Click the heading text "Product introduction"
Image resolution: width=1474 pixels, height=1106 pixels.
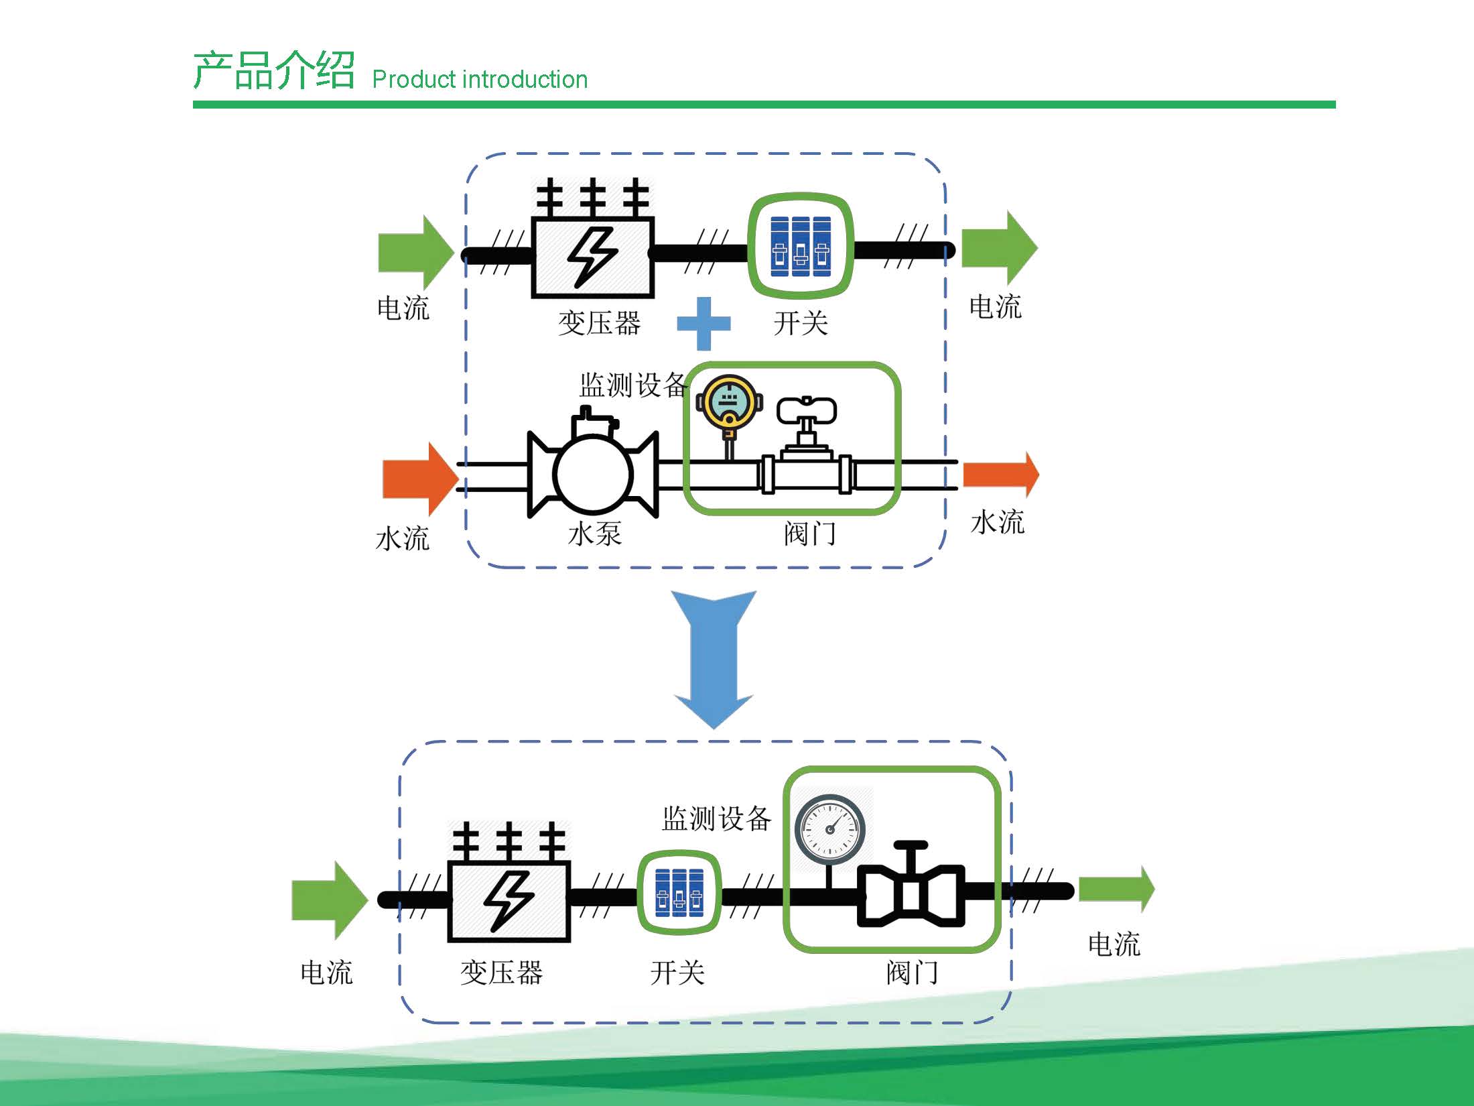coord(480,79)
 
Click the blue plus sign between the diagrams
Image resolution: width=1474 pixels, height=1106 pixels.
coord(703,324)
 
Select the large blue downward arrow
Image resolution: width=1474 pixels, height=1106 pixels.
coord(714,659)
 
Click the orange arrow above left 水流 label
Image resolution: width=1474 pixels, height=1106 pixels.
coord(420,479)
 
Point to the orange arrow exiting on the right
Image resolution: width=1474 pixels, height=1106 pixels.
coord(1001,474)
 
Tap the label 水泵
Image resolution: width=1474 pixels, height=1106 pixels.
coord(594,534)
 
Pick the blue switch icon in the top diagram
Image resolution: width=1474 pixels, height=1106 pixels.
coord(800,247)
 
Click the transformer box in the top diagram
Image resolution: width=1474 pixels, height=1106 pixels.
coord(593,238)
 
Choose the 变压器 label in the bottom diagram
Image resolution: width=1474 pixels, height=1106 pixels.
coord(501,973)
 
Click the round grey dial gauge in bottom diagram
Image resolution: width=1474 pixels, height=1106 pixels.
coord(830,829)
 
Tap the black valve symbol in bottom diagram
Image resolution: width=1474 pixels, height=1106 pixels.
coord(911,888)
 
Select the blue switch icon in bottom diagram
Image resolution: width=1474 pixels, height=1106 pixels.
coord(679,892)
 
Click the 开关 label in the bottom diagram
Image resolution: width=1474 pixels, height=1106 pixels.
coord(677,973)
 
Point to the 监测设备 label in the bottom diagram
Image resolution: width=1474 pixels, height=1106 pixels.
coord(717,818)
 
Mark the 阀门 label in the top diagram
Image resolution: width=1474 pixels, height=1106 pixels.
coord(810,534)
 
